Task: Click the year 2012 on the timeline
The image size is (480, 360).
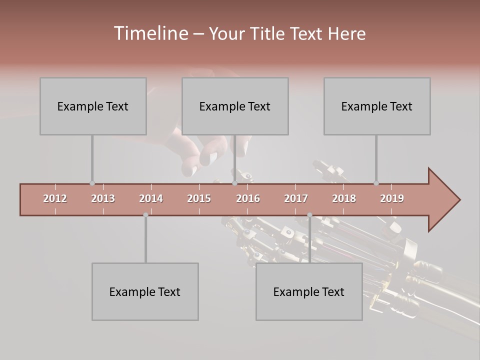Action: pos(55,198)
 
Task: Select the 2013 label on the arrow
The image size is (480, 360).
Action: pos(103,198)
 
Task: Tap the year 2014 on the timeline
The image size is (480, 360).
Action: pos(151,198)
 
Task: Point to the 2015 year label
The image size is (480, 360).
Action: pos(199,198)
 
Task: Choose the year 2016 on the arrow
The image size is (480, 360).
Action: pos(248,198)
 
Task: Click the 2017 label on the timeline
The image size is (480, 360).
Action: pos(296,198)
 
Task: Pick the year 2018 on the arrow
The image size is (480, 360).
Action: pos(344,198)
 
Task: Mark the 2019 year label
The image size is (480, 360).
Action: pos(392,198)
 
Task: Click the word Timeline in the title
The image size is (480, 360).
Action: pos(150,33)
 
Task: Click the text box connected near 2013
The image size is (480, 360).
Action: pos(93,106)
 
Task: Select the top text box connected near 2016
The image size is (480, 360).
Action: pos(235,106)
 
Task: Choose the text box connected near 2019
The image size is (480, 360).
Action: pos(377,106)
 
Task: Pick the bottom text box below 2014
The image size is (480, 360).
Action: pos(145,291)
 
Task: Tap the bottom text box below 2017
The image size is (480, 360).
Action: pos(309,291)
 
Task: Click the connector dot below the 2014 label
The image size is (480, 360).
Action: pos(145,215)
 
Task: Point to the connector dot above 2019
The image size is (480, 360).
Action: pos(376,183)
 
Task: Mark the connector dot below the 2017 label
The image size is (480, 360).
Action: pos(309,215)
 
